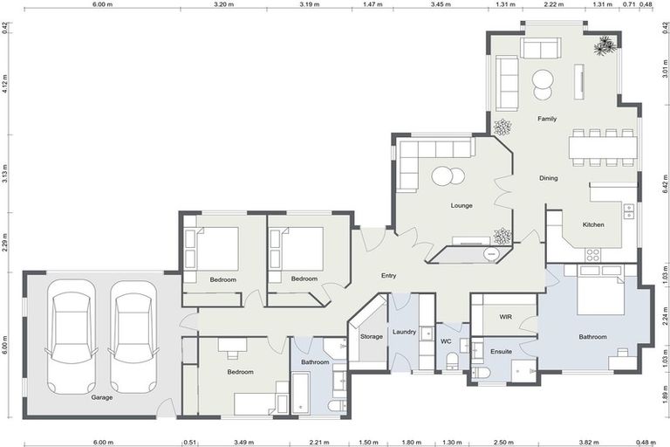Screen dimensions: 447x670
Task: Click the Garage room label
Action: click(x=102, y=396)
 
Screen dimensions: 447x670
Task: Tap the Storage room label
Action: click(x=371, y=336)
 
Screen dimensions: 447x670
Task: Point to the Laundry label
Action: click(x=404, y=332)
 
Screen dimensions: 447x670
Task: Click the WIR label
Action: click(x=504, y=317)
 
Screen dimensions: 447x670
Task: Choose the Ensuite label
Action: click(x=501, y=352)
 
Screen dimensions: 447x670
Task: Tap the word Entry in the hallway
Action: click(x=389, y=276)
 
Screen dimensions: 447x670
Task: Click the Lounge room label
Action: click(x=461, y=206)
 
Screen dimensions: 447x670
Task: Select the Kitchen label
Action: click(x=593, y=225)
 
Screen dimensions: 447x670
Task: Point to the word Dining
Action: click(x=548, y=178)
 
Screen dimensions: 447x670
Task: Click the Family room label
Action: click(x=547, y=119)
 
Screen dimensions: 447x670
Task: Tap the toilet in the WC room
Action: click(x=452, y=361)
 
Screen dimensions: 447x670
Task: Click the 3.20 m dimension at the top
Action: click(x=224, y=4)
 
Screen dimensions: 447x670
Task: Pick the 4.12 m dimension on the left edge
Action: click(x=4, y=83)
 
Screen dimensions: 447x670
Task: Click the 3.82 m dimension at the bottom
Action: click(x=592, y=443)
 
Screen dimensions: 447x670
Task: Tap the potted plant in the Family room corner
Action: click(x=604, y=45)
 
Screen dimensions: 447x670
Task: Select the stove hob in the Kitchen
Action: click(x=593, y=254)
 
